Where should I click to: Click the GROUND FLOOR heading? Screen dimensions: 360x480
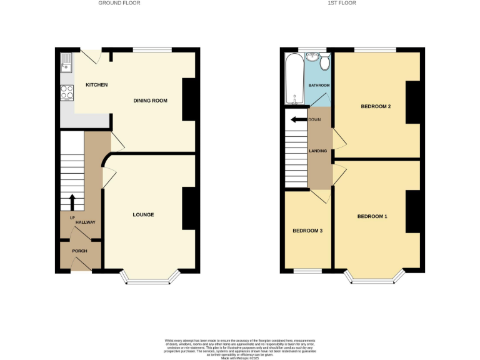[x=119, y=3]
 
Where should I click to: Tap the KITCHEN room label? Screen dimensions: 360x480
[x=97, y=85]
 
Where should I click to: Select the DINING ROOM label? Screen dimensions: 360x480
[x=151, y=101]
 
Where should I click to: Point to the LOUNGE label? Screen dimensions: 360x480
[x=143, y=215]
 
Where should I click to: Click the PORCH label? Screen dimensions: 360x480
[x=79, y=251]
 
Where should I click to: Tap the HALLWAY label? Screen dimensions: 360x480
[x=85, y=222]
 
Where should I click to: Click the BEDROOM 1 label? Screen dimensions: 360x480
[x=372, y=217]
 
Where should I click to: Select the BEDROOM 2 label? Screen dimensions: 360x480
[x=376, y=106]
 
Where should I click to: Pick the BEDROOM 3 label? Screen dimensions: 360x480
[x=307, y=231]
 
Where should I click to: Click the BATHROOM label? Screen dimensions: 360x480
[x=319, y=85]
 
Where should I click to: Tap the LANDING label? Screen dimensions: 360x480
[x=318, y=151]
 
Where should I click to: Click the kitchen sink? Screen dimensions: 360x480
[x=67, y=62]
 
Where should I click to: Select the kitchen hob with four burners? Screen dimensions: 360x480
[x=67, y=92]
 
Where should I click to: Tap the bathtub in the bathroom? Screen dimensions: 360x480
[x=294, y=79]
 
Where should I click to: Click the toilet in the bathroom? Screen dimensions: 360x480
[x=324, y=62]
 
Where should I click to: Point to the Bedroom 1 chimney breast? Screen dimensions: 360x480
[x=412, y=212]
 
